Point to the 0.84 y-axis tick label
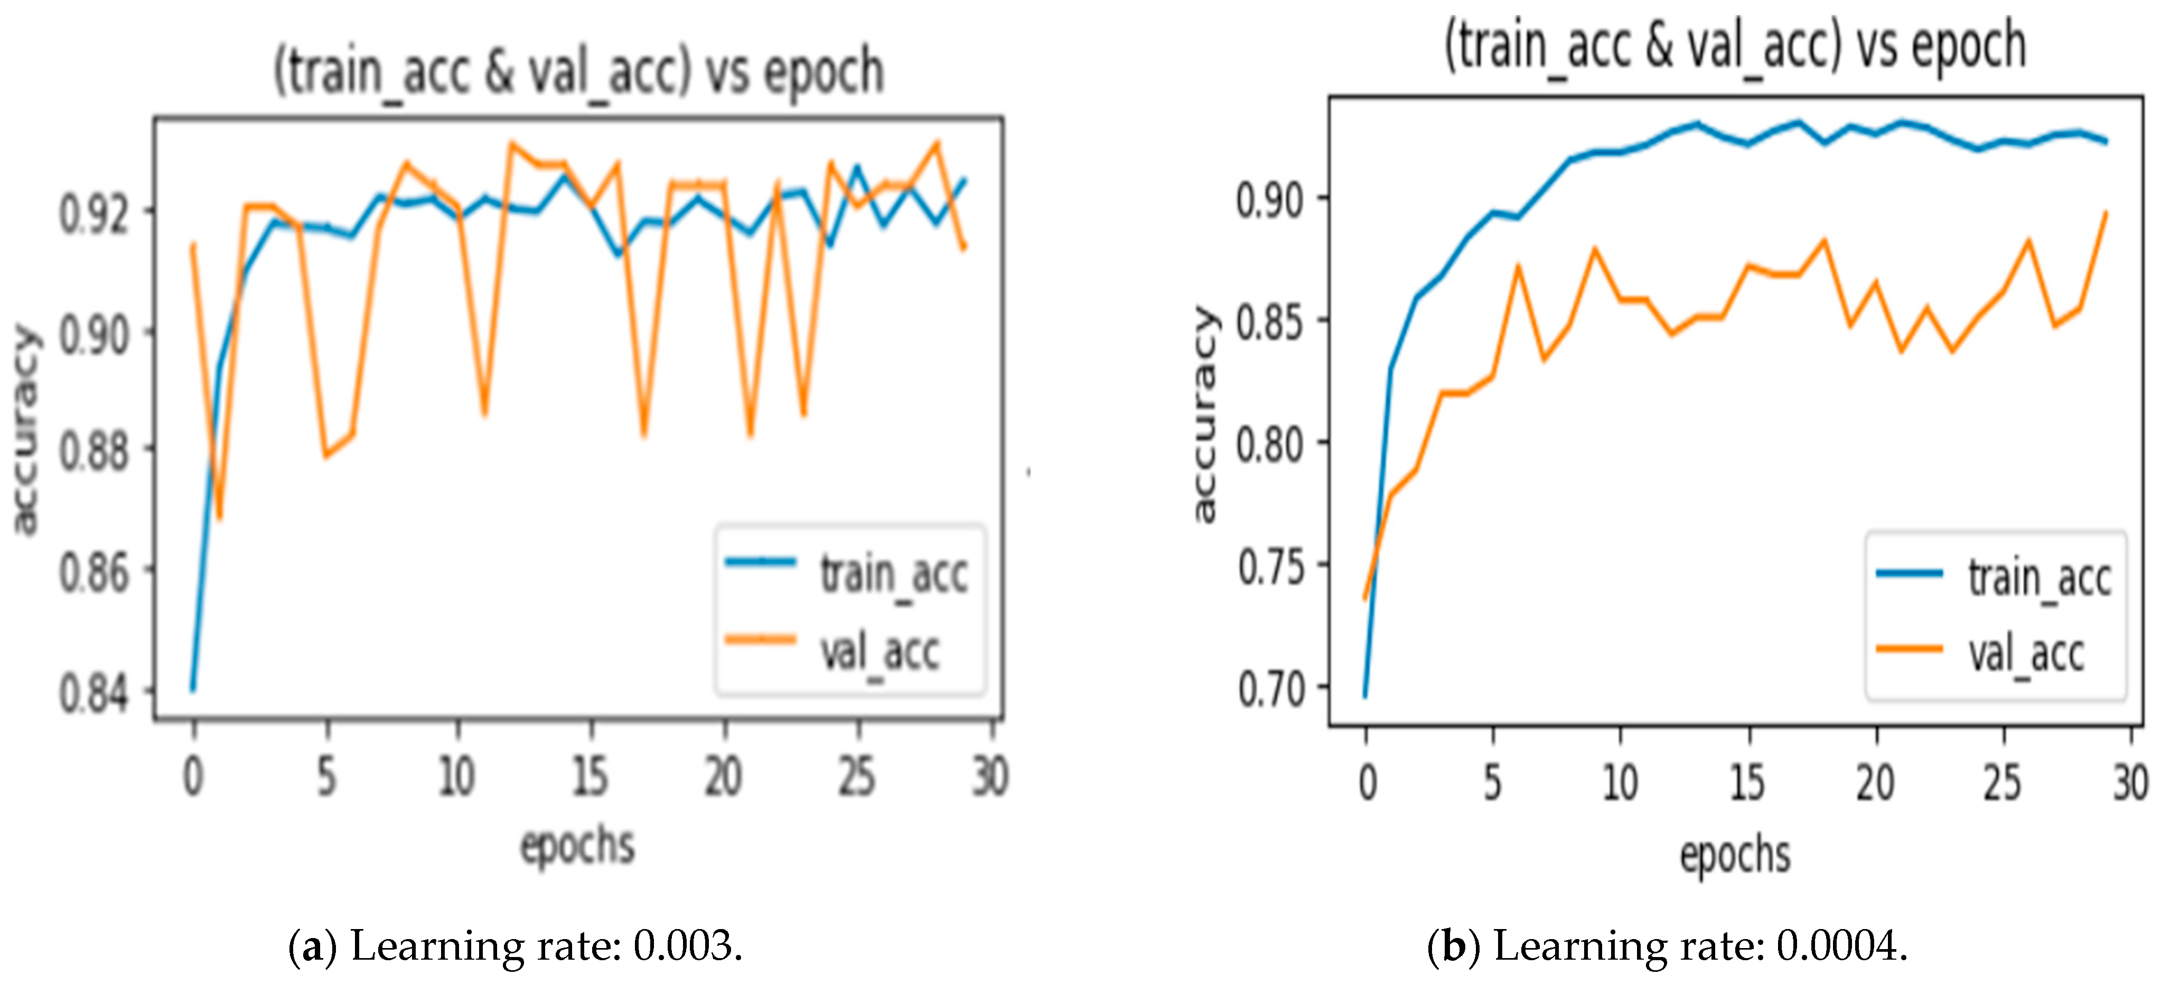(94, 694)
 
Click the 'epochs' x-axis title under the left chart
(577, 845)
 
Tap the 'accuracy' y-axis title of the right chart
(1205, 415)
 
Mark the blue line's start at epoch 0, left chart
(194, 689)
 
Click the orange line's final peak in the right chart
(2106, 214)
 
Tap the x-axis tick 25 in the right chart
(2003, 783)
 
